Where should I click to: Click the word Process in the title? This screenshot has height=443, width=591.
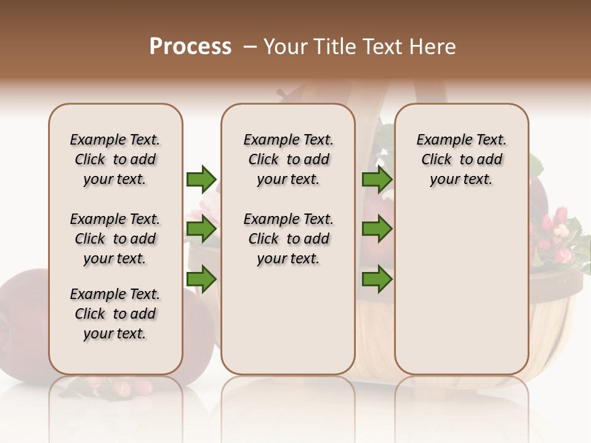[x=190, y=46]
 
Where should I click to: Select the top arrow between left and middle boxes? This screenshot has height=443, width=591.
[x=201, y=179]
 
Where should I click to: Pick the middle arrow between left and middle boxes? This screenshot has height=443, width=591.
[x=201, y=229]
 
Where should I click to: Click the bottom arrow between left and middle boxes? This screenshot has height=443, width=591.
[x=201, y=279]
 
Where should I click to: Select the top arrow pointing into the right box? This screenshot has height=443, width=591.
[x=377, y=179]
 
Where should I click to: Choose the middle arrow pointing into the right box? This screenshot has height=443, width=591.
[x=377, y=229]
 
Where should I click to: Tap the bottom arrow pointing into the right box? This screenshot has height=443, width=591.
[x=377, y=279]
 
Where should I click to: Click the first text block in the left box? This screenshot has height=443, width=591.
[x=115, y=159]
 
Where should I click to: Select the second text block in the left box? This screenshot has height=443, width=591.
[x=115, y=239]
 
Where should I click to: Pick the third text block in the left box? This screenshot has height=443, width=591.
[x=115, y=314]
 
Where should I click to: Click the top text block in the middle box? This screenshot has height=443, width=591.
[x=289, y=159]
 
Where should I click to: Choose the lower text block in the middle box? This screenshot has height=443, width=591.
[x=289, y=239]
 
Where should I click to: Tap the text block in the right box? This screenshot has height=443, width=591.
[x=462, y=159]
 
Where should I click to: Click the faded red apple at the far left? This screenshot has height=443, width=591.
[x=25, y=320]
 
